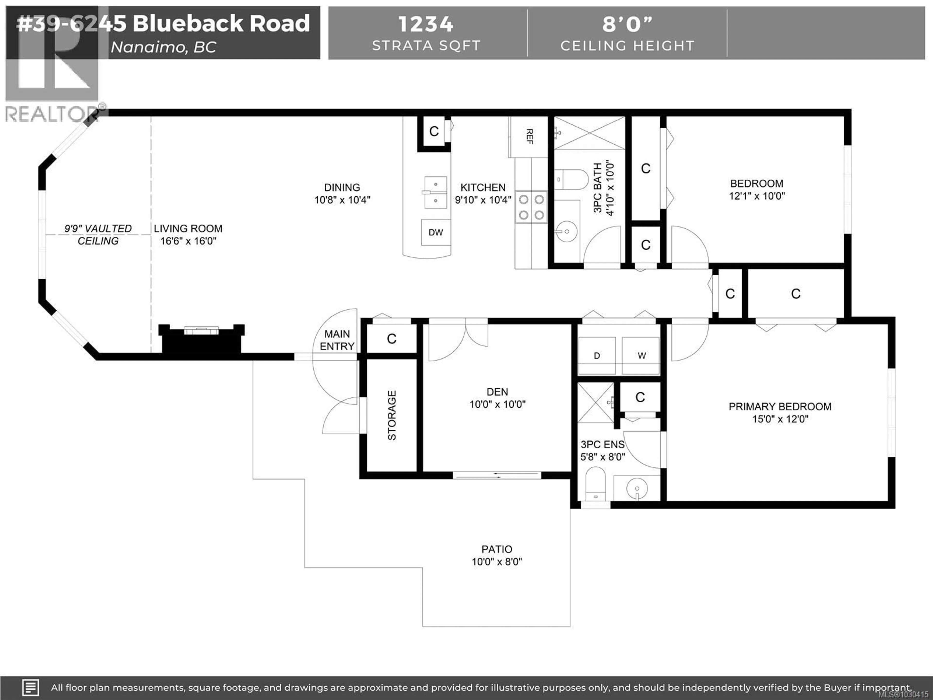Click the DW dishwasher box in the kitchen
436,232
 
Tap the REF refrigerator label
530,136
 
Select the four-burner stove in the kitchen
531,207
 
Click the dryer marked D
596,356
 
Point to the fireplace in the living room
201,340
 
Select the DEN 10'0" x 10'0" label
497,398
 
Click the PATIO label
497,555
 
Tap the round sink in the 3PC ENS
637,489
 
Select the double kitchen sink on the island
435,192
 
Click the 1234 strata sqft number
426,24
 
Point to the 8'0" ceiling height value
627,24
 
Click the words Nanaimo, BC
163,47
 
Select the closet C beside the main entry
391,338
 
